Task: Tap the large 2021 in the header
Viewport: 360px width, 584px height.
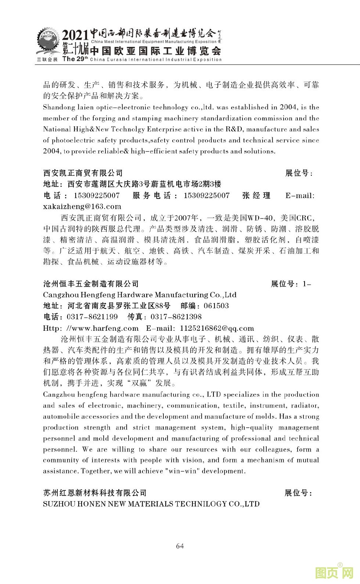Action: tap(75, 36)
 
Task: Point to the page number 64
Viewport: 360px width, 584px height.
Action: tap(180, 546)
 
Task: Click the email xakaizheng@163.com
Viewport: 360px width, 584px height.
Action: tap(82, 206)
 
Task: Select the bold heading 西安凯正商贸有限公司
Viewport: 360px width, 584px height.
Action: tap(83, 173)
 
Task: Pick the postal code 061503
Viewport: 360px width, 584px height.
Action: tap(216, 306)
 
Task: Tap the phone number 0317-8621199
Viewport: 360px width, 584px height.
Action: tap(92, 317)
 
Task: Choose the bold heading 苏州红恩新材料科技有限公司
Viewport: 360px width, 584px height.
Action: tap(95, 493)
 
